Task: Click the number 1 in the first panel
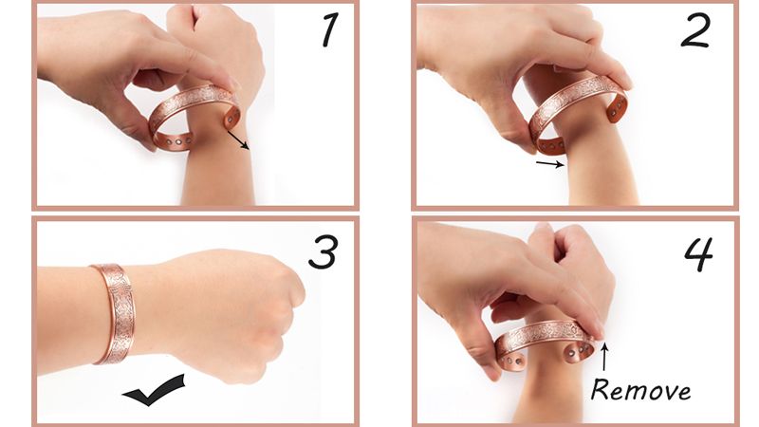point(329,31)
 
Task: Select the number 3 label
point(323,251)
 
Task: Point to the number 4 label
point(698,254)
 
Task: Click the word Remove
point(640,390)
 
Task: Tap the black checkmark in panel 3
point(154,390)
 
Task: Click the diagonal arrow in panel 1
point(238,139)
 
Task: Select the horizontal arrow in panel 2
point(550,163)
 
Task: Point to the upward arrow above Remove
point(604,356)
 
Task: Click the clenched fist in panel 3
point(232,310)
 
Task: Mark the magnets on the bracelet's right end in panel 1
point(232,118)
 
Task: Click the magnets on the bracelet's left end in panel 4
point(513,361)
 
